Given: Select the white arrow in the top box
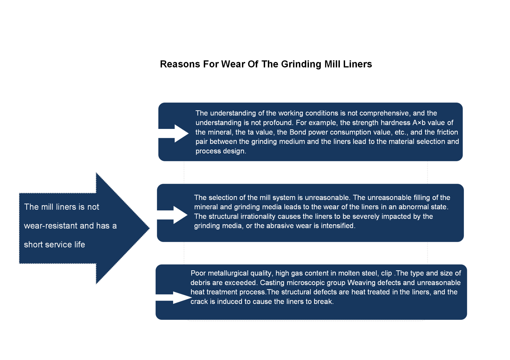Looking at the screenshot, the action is pos(173,133).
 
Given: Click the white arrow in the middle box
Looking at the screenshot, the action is pos(172,215).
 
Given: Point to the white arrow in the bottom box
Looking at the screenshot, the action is pos(174,298).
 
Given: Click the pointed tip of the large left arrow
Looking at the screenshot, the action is pos(149,228).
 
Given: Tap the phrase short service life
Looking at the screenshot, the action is pos(54,245).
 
